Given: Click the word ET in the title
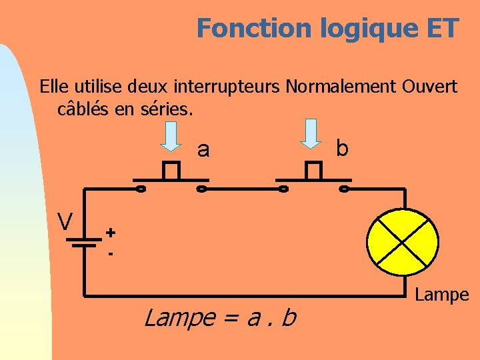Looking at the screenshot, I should tap(440, 29).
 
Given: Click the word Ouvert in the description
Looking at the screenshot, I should tap(429, 87).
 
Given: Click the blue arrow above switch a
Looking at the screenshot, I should tap(171, 136).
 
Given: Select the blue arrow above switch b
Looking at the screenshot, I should tap(311, 133).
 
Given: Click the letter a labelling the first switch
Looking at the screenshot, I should tap(203, 151).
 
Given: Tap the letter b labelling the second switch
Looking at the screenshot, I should tap(342, 148).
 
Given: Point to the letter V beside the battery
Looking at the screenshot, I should tap(65, 221).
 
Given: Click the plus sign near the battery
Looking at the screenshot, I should tap(110, 232).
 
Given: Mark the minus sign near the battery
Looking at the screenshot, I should tap(110, 254).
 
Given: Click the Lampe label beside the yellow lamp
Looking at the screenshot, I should tap(442, 295).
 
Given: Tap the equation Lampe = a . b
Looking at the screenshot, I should tap(220, 318).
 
